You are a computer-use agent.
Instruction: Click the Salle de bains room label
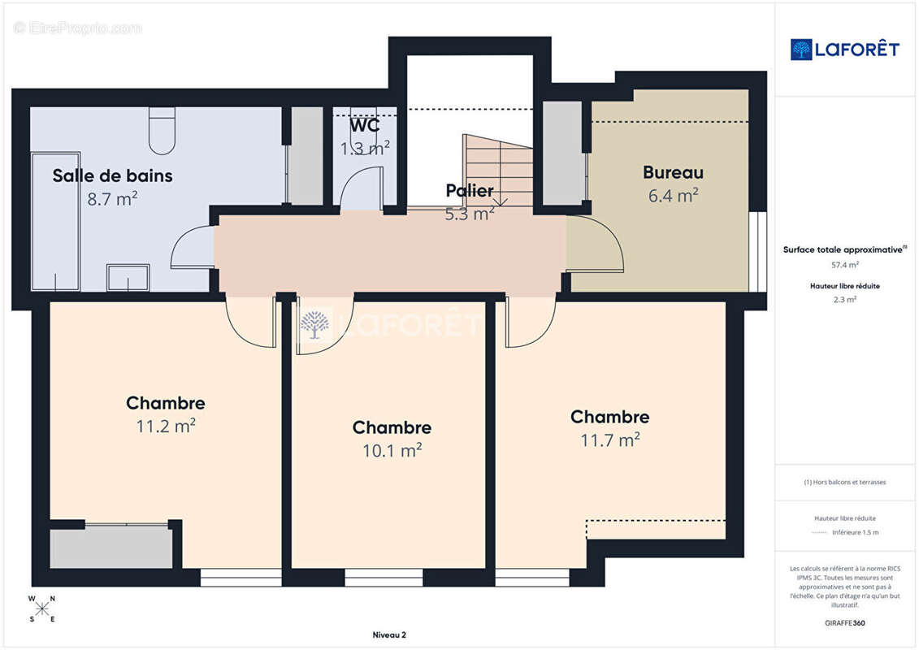pyautogui.click(x=112, y=175)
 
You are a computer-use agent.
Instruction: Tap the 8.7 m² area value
pyautogui.click(x=112, y=199)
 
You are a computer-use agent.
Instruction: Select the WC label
pyautogui.click(x=365, y=125)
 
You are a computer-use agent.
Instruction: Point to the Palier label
pyautogui.click(x=470, y=190)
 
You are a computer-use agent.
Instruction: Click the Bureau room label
pyautogui.click(x=673, y=172)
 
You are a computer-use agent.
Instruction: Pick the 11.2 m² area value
pyautogui.click(x=166, y=426)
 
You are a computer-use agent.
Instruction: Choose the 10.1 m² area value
pyautogui.click(x=392, y=450)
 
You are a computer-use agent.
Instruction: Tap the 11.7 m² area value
pyautogui.click(x=609, y=440)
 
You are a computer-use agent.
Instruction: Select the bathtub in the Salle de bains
pyautogui.click(x=56, y=222)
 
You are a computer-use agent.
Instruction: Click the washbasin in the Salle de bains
pyautogui.click(x=128, y=277)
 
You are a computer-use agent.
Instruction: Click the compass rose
pyautogui.click(x=42, y=609)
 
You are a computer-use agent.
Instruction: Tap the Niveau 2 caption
pyautogui.click(x=389, y=635)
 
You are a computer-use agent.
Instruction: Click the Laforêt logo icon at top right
pyautogui.click(x=801, y=50)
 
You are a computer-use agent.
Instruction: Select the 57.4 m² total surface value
pyautogui.click(x=844, y=265)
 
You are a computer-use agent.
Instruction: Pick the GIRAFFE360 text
pyautogui.click(x=844, y=623)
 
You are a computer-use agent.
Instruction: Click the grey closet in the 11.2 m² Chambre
pyautogui.click(x=111, y=547)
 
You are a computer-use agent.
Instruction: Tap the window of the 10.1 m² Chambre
pyautogui.click(x=384, y=578)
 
